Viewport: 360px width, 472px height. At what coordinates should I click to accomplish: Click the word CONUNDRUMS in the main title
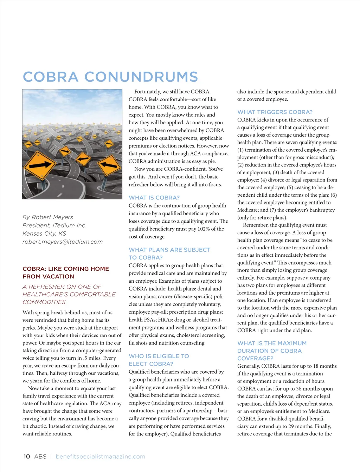point(141,77)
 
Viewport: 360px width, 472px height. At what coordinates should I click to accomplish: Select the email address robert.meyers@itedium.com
point(63,242)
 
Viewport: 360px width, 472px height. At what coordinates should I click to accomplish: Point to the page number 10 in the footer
point(27,457)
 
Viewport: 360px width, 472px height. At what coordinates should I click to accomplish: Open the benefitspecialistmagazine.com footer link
point(101,457)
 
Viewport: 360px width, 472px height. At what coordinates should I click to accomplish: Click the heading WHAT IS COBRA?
point(154,198)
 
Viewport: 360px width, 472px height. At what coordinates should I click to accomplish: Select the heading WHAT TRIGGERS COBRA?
point(275,112)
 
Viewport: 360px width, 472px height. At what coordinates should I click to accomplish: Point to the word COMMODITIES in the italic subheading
point(44,302)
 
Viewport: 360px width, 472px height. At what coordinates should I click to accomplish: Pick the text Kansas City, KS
point(44,234)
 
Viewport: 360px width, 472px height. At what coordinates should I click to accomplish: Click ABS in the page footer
point(40,457)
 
